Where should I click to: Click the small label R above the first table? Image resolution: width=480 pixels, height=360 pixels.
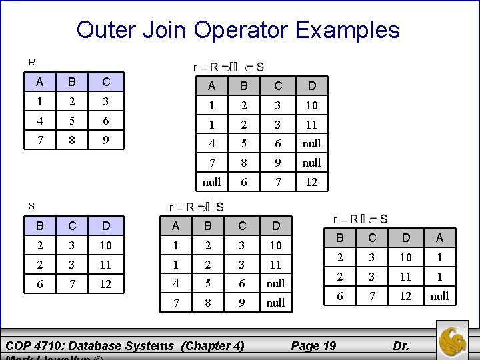[x=31, y=62]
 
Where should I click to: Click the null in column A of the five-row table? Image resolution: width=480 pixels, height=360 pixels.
[x=212, y=181]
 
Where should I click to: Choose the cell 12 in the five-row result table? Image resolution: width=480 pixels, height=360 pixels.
[x=311, y=181]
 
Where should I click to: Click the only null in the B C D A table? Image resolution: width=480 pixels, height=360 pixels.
[x=439, y=296]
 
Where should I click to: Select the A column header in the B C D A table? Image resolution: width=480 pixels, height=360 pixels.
[x=439, y=238]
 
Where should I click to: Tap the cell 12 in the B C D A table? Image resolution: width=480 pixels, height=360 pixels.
[x=405, y=296]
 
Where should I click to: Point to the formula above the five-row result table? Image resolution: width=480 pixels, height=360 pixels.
[x=228, y=67]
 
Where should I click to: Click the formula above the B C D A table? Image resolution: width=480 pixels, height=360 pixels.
[x=360, y=219]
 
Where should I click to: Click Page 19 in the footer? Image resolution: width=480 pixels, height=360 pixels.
[x=314, y=345]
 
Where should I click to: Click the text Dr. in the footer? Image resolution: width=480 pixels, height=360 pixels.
[x=401, y=345]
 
